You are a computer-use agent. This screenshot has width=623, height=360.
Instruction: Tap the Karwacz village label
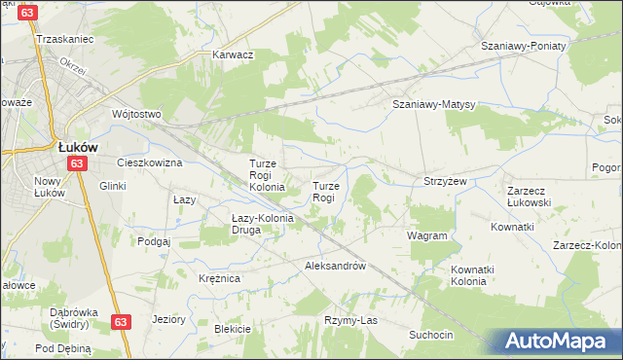click(x=234, y=54)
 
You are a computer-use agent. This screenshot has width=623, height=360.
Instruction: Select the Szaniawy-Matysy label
click(x=432, y=104)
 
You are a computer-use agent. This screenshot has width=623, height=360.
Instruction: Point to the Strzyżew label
click(x=445, y=181)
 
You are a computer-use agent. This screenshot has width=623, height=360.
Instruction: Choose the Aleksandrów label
click(x=335, y=266)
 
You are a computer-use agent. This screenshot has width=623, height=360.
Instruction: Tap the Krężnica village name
click(x=220, y=278)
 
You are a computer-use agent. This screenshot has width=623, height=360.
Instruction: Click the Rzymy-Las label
click(x=350, y=320)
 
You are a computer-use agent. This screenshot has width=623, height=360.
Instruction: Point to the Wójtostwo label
click(x=135, y=113)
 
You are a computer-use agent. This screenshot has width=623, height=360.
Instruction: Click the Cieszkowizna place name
click(x=150, y=162)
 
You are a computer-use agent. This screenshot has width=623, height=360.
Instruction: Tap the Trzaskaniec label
click(x=63, y=39)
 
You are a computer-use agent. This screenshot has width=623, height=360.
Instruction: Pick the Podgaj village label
click(x=154, y=241)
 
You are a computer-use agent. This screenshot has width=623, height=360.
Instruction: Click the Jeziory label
click(x=169, y=318)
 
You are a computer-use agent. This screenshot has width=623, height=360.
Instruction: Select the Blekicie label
click(x=233, y=329)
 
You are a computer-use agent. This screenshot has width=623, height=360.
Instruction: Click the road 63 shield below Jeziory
click(x=121, y=322)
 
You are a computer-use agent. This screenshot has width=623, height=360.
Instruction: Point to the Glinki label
click(x=112, y=185)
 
